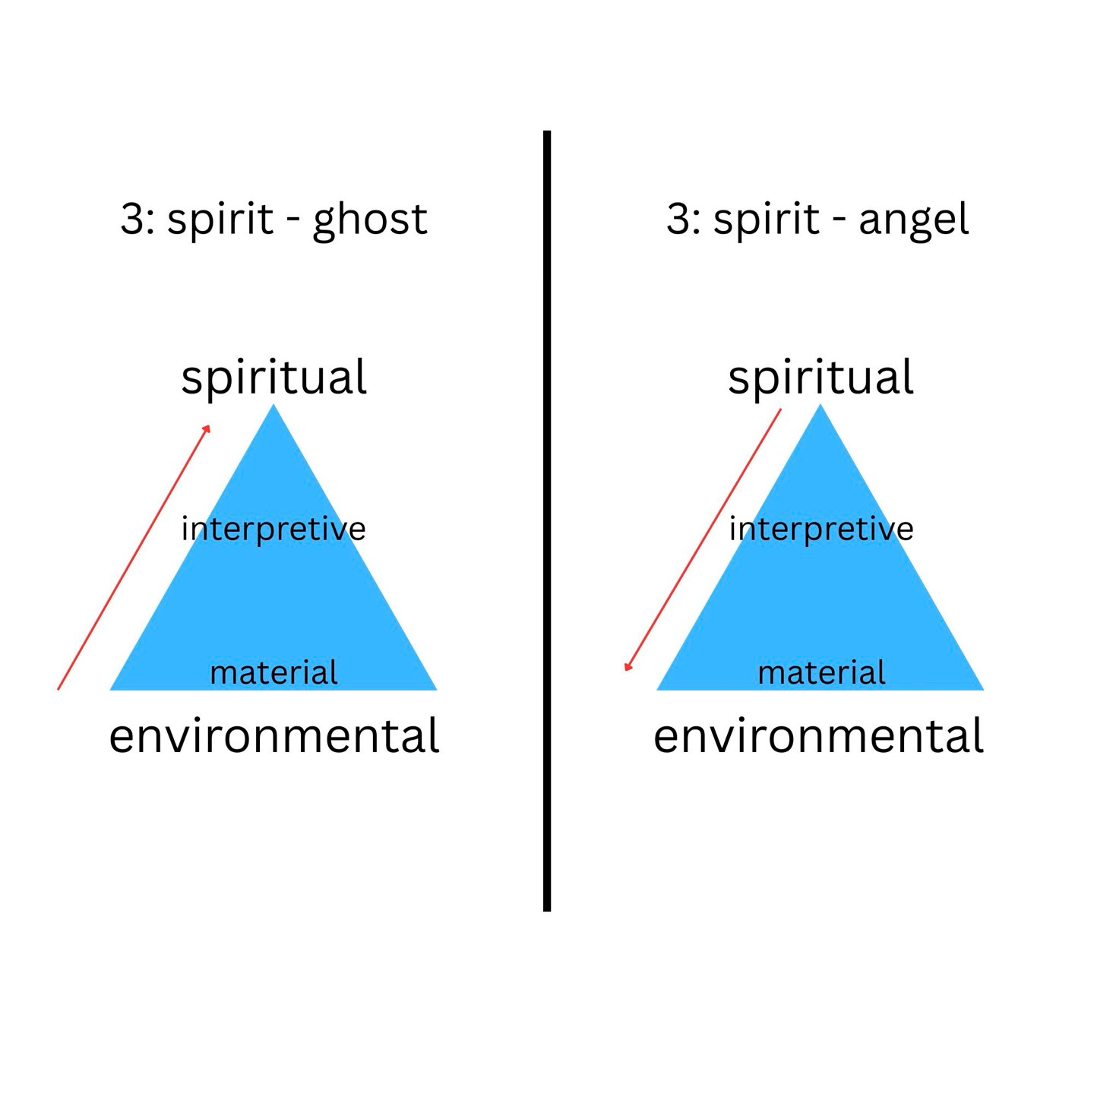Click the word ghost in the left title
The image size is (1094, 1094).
click(x=370, y=221)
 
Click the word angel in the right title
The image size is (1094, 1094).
click(x=913, y=221)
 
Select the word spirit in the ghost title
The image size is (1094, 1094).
click(x=220, y=221)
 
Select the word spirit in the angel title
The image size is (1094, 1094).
click(x=766, y=221)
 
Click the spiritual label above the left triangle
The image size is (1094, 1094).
click(x=273, y=378)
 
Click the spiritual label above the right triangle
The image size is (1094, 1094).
click(x=820, y=378)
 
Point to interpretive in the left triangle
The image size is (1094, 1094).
click(x=273, y=529)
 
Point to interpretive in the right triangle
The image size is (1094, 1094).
click(x=821, y=529)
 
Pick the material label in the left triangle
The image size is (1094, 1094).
click(x=273, y=673)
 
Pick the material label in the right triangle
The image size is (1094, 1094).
click(x=821, y=673)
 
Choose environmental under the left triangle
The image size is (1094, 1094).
click(x=273, y=736)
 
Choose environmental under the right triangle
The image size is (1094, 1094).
click(x=818, y=736)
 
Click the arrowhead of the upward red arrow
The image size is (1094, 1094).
click(x=207, y=428)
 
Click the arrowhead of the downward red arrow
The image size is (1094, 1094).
click(x=627, y=668)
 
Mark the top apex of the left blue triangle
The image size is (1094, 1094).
click(x=273, y=407)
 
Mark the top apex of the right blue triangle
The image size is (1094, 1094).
click(x=820, y=407)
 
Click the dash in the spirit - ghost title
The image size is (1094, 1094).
click(x=292, y=222)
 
